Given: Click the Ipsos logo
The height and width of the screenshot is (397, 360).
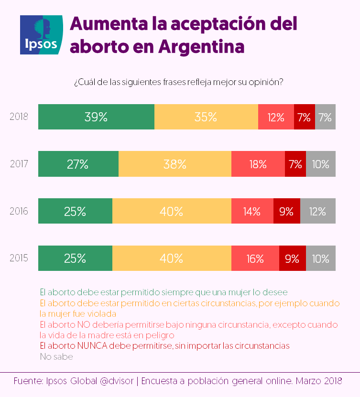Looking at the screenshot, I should click(41, 35).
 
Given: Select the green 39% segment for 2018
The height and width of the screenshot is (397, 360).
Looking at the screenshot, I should click(96, 117).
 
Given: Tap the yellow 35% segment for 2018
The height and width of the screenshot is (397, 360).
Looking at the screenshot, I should click(206, 117).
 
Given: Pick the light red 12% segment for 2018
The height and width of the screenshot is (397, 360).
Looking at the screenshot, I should click(276, 117).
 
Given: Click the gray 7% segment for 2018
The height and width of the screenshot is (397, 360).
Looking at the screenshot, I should click(325, 117).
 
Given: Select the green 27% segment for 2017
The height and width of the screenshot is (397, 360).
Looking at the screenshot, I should click(78, 164).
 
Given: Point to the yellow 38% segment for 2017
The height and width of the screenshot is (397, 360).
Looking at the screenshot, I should click(175, 164).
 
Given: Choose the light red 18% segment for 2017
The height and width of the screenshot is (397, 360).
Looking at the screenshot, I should click(258, 164).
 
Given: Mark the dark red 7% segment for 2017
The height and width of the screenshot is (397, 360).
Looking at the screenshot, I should click(295, 164).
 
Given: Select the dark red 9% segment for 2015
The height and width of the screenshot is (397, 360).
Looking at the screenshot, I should click(292, 259).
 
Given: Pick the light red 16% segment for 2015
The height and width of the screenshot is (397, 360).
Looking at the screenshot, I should click(255, 259).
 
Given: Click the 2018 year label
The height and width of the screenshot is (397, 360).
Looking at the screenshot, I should click(19, 117).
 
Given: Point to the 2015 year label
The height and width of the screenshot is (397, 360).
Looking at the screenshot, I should click(19, 259).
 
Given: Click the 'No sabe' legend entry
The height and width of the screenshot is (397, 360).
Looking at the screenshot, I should click(56, 356).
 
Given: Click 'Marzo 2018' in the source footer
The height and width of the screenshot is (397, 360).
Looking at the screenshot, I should click(319, 381).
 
